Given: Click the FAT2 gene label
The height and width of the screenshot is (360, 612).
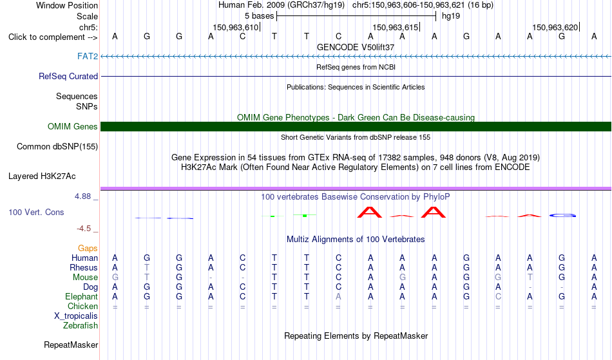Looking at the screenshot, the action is [88, 56].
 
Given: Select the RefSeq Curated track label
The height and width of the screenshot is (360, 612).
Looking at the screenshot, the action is [68, 77].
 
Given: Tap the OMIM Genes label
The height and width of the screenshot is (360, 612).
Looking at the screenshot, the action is [73, 126].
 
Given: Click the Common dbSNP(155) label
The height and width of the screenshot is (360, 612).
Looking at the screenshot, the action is [57, 147].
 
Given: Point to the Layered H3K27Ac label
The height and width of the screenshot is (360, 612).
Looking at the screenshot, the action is [42, 176].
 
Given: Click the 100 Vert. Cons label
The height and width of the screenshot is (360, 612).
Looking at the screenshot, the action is [36, 212].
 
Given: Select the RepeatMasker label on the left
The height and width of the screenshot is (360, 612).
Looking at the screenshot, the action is [71, 345].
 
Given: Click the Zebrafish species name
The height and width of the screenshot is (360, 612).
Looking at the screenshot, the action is [81, 325].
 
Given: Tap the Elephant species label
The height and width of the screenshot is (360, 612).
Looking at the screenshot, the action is [82, 296].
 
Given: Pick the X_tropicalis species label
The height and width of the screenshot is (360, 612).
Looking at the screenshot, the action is [76, 316].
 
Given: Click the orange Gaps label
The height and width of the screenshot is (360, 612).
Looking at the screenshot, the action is [88, 249].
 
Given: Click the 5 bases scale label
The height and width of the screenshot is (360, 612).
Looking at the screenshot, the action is [260, 16].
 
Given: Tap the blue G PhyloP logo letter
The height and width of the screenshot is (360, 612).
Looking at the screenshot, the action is [562, 215].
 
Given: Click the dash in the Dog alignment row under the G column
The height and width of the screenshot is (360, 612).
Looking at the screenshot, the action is [562, 287].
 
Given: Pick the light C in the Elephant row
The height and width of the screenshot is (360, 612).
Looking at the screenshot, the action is [498, 296].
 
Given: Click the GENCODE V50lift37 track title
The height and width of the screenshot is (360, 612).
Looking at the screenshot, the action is [356, 47].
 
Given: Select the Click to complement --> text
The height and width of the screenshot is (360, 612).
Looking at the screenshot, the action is [53, 37].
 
